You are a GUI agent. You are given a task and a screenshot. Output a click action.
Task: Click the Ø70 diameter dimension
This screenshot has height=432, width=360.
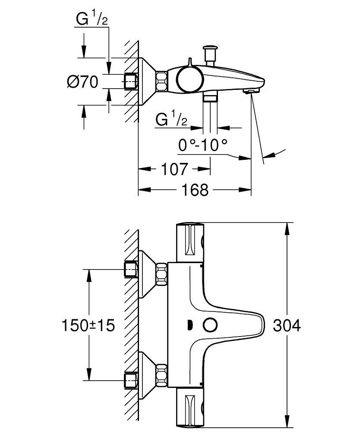coord(83,81)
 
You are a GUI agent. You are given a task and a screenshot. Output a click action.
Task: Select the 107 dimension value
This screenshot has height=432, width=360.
coord(174,169)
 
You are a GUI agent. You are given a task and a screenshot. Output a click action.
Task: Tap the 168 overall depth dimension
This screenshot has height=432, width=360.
coord(195,190)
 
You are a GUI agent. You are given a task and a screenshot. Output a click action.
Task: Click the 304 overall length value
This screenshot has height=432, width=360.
coord(287,325)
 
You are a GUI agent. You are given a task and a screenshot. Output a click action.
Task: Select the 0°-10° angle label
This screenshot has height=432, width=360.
coord(203,146)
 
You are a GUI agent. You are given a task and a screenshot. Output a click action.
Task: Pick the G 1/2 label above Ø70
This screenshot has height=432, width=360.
coord(92,20)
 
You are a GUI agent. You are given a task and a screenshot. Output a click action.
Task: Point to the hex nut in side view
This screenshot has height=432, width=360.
coord(162,81)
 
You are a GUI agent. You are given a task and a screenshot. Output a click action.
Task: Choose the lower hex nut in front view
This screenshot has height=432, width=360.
coord(162,374)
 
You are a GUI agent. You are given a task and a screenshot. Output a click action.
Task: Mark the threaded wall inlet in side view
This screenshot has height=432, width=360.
coord(131,81)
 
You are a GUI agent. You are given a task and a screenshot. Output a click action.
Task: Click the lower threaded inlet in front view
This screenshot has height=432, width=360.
coord(131,380)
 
